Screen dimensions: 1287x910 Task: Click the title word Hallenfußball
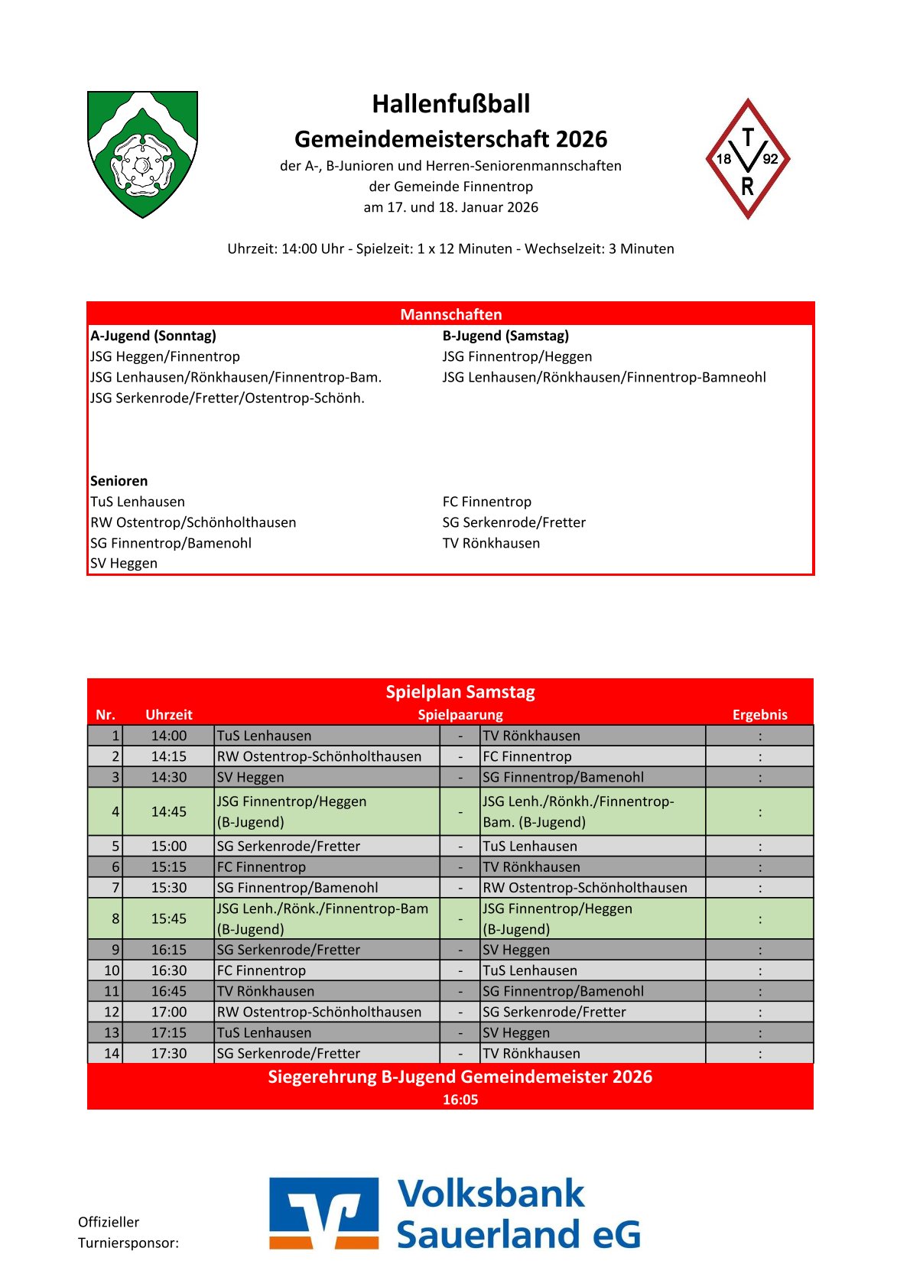point(450,104)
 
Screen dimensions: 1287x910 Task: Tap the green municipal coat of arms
point(142,154)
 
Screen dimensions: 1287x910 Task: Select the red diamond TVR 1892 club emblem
point(747,159)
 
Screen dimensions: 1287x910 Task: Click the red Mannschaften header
point(450,314)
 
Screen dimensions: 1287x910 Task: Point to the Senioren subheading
point(119,481)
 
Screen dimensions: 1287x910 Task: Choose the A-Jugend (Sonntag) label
point(153,336)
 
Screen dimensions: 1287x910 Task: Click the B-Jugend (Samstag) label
point(505,336)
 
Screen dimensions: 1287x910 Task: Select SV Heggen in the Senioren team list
point(124,564)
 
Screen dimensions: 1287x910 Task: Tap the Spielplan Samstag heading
point(460,692)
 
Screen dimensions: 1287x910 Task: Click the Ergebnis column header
point(759,715)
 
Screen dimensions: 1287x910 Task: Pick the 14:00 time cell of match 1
point(169,736)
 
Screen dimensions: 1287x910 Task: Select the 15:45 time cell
point(169,918)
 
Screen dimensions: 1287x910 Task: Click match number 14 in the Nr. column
point(112,1053)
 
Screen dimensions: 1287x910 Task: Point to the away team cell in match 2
point(593,756)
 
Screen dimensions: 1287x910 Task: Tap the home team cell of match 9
point(327,950)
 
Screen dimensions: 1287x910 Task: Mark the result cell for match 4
point(759,812)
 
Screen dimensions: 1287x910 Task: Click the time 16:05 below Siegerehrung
point(460,1100)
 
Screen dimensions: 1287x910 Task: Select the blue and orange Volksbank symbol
point(323,1214)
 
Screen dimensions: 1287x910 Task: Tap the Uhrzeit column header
point(169,715)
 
